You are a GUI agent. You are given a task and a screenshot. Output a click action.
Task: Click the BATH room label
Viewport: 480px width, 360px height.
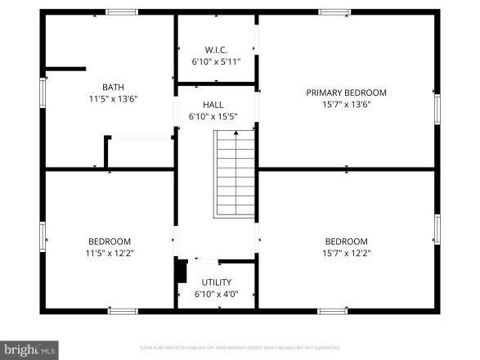click(x=113, y=88)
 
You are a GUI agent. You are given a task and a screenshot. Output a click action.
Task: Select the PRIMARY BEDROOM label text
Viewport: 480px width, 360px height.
click(x=346, y=92)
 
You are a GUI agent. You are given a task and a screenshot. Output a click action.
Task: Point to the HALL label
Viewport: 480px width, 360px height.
click(x=213, y=105)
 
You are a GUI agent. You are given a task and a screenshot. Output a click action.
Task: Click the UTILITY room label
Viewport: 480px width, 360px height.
click(x=216, y=282)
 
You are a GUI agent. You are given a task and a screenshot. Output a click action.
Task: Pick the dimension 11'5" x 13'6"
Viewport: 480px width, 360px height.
click(x=113, y=100)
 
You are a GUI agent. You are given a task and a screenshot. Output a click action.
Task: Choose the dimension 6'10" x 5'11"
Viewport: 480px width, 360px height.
click(x=216, y=61)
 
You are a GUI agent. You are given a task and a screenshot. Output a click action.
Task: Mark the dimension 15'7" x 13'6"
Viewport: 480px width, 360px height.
click(x=346, y=104)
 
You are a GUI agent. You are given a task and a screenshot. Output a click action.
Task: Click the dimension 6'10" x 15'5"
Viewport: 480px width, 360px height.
click(x=213, y=116)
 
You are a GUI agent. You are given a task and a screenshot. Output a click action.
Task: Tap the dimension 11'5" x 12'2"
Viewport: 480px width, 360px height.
click(x=110, y=253)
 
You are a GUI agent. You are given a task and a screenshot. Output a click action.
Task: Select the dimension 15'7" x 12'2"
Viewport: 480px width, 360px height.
click(x=346, y=253)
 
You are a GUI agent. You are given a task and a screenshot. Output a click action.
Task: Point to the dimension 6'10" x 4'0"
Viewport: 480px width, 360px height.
click(x=216, y=294)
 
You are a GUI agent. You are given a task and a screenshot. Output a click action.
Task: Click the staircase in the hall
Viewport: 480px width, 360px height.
click(x=236, y=174)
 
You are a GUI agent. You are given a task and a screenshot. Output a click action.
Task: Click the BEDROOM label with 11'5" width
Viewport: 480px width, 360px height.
click(x=110, y=241)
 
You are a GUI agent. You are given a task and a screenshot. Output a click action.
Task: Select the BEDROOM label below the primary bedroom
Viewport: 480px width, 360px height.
click(x=346, y=241)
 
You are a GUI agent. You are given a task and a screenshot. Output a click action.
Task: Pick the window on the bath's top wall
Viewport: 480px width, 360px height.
click(x=122, y=12)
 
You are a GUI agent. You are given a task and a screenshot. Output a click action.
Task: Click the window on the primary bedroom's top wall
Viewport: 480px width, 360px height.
click(x=334, y=12)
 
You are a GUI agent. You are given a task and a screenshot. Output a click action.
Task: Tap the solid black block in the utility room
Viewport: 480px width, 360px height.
click(x=182, y=271)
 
